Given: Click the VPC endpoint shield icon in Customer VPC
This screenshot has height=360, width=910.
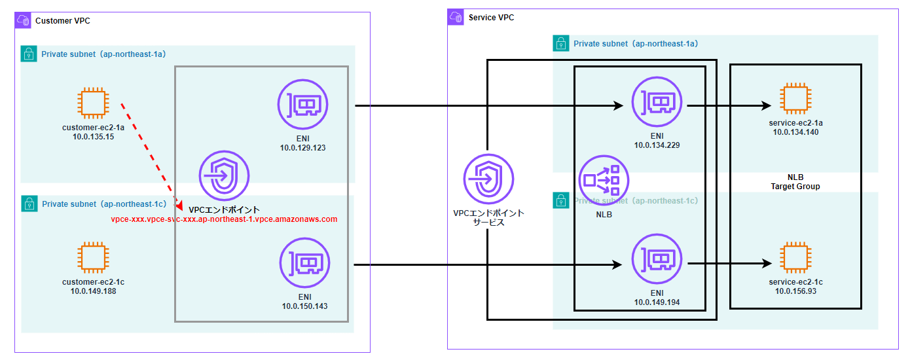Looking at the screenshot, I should (224, 176).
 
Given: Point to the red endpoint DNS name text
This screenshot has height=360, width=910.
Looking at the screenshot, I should (224, 219).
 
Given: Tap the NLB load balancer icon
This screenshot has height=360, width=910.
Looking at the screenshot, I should (604, 179).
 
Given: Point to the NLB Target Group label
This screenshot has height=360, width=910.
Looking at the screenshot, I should (795, 182).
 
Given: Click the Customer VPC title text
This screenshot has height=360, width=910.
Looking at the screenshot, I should (63, 21).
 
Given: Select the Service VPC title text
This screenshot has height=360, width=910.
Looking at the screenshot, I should (491, 18).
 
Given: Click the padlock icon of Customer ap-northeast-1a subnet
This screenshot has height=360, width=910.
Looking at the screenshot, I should (29, 54).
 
